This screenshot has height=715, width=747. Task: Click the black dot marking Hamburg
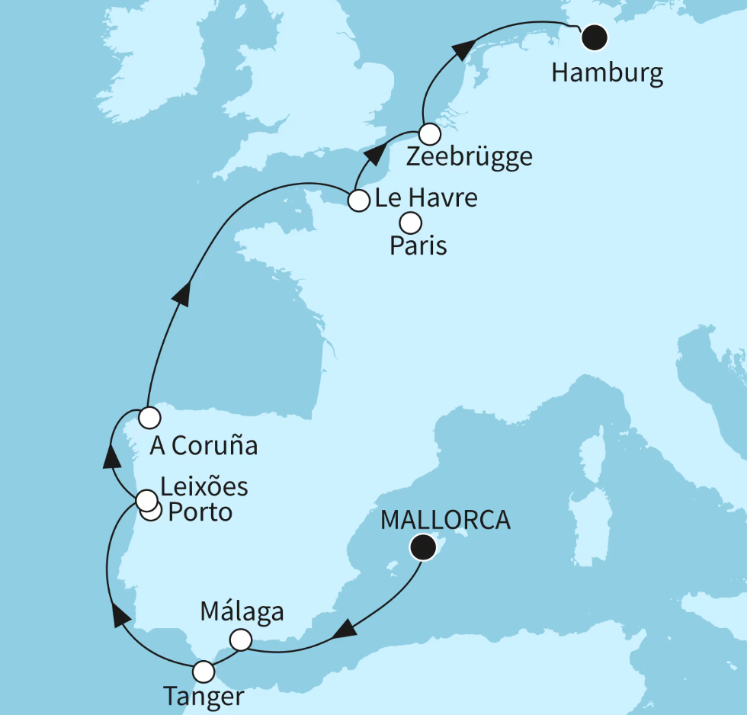[593, 37]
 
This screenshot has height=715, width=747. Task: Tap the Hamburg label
[607, 74]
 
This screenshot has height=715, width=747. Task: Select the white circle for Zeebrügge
[430, 133]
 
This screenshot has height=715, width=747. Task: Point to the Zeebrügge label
[469, 158]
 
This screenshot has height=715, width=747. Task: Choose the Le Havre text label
[426, 199]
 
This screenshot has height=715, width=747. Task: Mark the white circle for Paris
[410, 223]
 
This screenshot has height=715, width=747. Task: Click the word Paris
[418, 246]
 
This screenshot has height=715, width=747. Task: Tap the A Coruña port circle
[149, 417]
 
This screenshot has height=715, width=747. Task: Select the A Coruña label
[204, 446]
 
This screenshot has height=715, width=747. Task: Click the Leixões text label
[204, 486]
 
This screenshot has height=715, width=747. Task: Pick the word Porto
[200, 512]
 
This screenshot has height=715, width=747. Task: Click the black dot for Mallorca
[422, 547]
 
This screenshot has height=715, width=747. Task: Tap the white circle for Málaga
[240, 640]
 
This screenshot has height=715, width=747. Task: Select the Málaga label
[242, 611]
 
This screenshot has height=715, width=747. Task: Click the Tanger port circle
[204, 672]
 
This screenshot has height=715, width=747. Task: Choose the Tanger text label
[204, 697]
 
